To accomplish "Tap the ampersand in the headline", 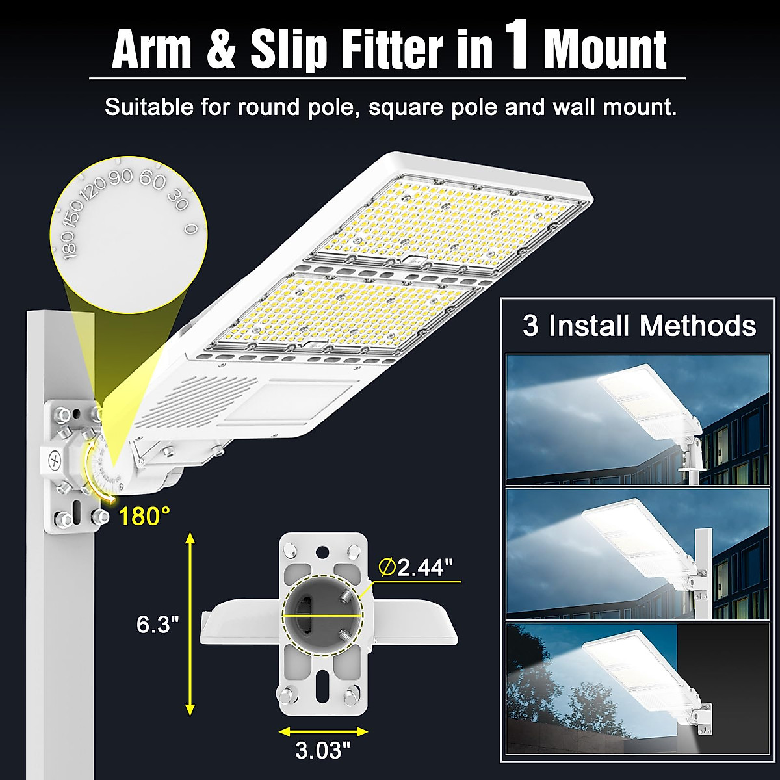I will click(x=222, y=49).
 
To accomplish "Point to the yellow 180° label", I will click(x=144, y=516).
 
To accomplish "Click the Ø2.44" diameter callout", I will click(x=415, y=567).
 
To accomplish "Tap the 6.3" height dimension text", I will click(x=157, y=624).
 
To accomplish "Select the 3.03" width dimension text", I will click(x=323, y=750).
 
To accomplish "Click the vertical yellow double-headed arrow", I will click(x=190, y=624).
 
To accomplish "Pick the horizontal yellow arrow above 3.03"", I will click(x=323, y=731).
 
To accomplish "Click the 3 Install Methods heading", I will click(x=640, y=325).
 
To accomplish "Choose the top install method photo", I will click(x=637, y=419).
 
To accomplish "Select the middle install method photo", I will click(x=637, y=554).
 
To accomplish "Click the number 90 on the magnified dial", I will click(x=122, y=177).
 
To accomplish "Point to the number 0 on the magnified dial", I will click(x=190, y=229).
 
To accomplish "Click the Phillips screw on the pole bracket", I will click(x=55, y=459).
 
